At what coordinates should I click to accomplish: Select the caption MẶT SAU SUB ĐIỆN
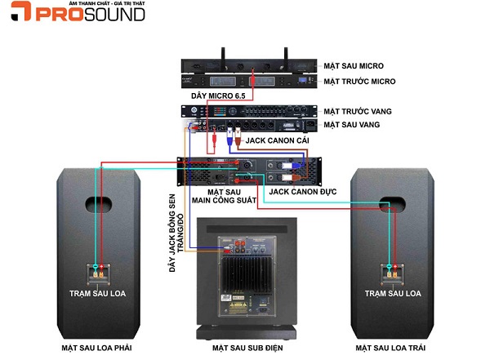point(245,347)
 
